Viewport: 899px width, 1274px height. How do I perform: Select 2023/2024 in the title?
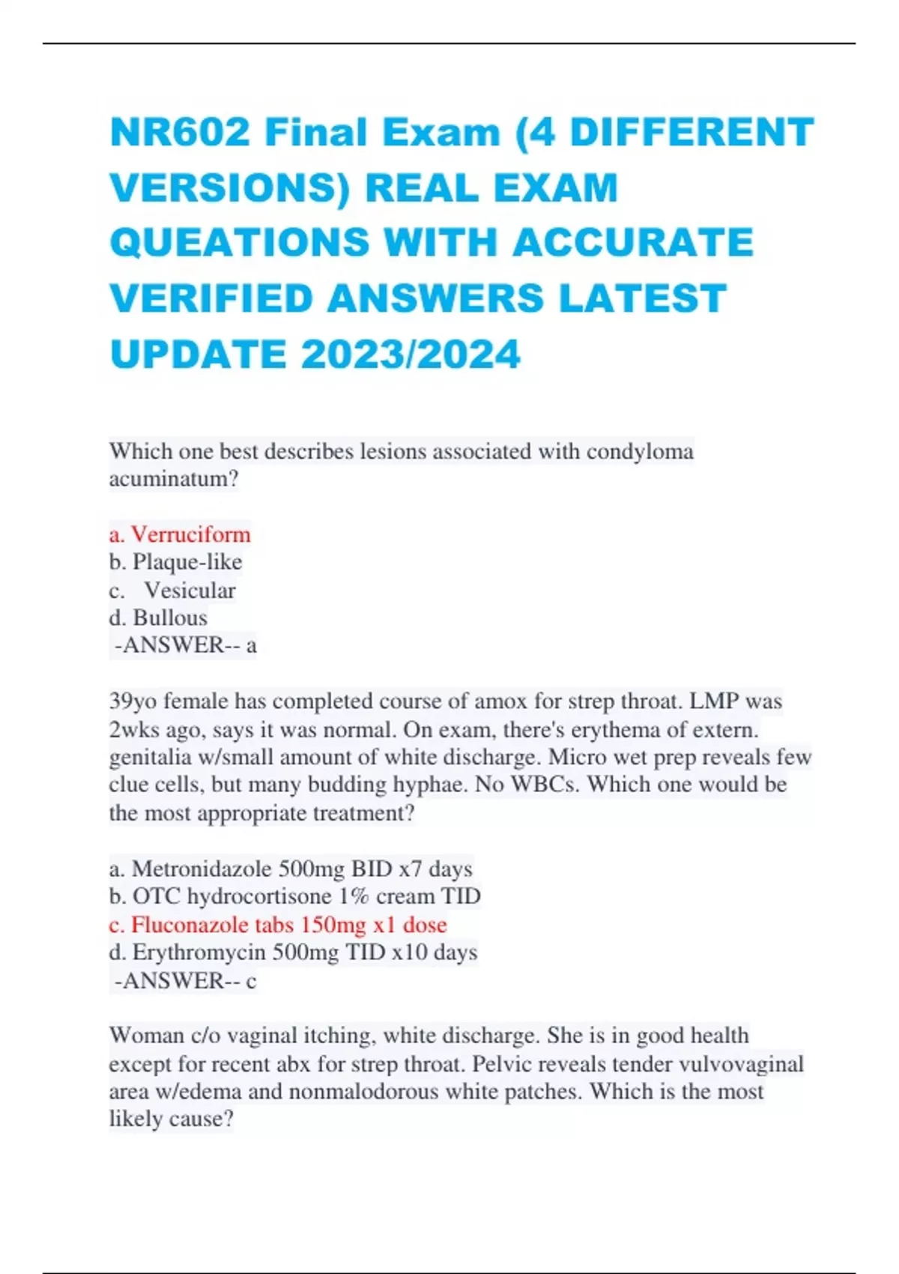(x=411, y=354)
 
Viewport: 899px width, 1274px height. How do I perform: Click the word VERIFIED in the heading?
(x=211, y=299)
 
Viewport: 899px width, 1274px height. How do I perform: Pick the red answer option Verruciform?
(x=180, y=534)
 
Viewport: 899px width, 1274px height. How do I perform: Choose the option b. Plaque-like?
(x=175, y=562)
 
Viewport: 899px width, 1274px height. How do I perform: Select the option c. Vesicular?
(x=172, y=591)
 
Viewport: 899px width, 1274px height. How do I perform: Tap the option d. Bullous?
(x=158, y=618)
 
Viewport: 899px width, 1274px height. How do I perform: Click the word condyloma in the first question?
(x=640, y=451)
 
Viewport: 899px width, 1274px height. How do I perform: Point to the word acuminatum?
(x=173, y=479)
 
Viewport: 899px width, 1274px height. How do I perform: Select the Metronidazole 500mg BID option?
(x=291, y=869)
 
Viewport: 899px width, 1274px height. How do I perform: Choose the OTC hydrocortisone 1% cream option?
(x=294, y=897)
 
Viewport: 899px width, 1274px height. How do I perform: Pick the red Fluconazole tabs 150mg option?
(x=278, y=925)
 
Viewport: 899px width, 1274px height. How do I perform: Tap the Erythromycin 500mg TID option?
(x=293, y=953)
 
